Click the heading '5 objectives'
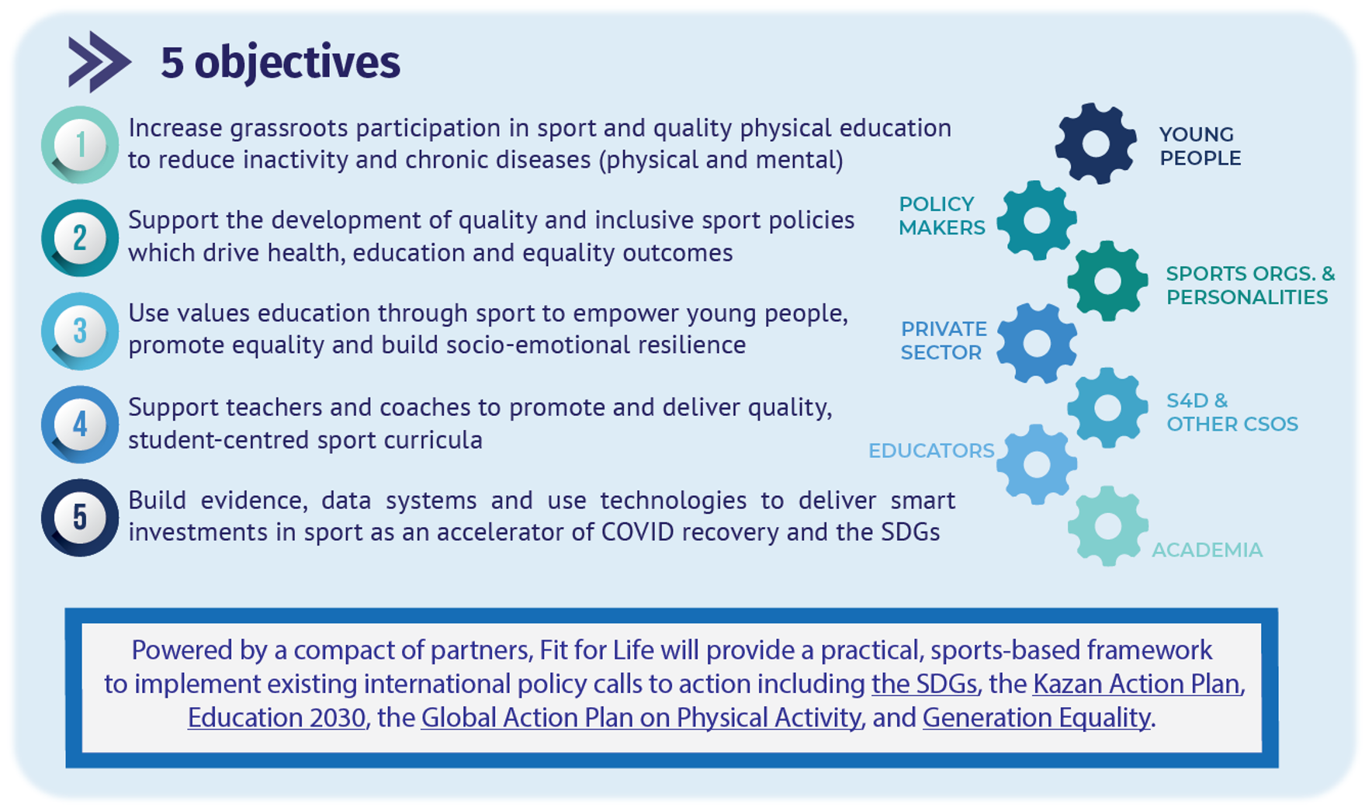[x=280, y=62]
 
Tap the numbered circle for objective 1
[x=80, y=145]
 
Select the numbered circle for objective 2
[x=80, y=238]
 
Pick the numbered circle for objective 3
[x=80, y=331]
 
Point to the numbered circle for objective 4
[x=80, y=425]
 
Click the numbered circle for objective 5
[x=80, y=518]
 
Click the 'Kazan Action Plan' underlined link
[x=1137, y=684]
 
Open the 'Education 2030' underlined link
[x=276, y=718]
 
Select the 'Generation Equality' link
[x=1036, y=718]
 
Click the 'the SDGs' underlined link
[x=923, y=684]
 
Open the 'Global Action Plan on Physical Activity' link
[x=641, y=718]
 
